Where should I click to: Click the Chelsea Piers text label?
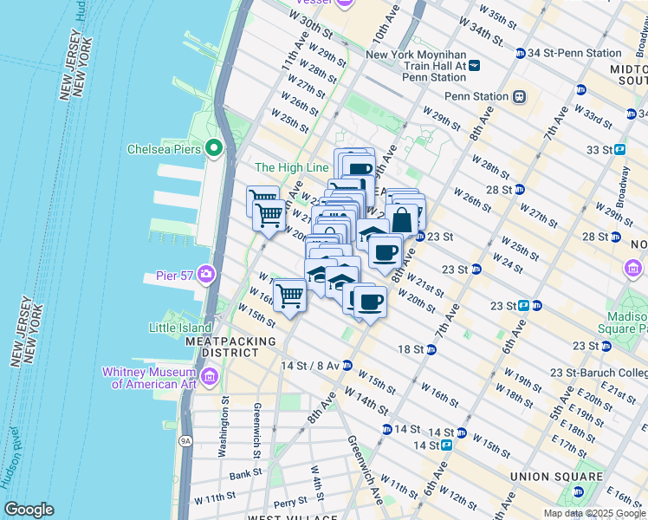(x=164, y=149)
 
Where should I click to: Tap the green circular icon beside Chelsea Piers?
(x=214, y=149)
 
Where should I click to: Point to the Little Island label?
(x=179, y=328)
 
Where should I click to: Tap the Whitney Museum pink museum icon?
(x=210, y=377)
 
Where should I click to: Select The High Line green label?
(x=292, y=167)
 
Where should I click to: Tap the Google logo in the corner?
(x=29, y=510)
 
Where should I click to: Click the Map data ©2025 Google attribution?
(x=594, y=513)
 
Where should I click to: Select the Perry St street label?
(x=288, y=502)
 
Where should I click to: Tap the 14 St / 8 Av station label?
(x=309, y=366)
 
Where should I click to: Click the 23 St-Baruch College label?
(x=603, y=374)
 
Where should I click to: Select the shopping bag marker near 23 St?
(x=402, y=220)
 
